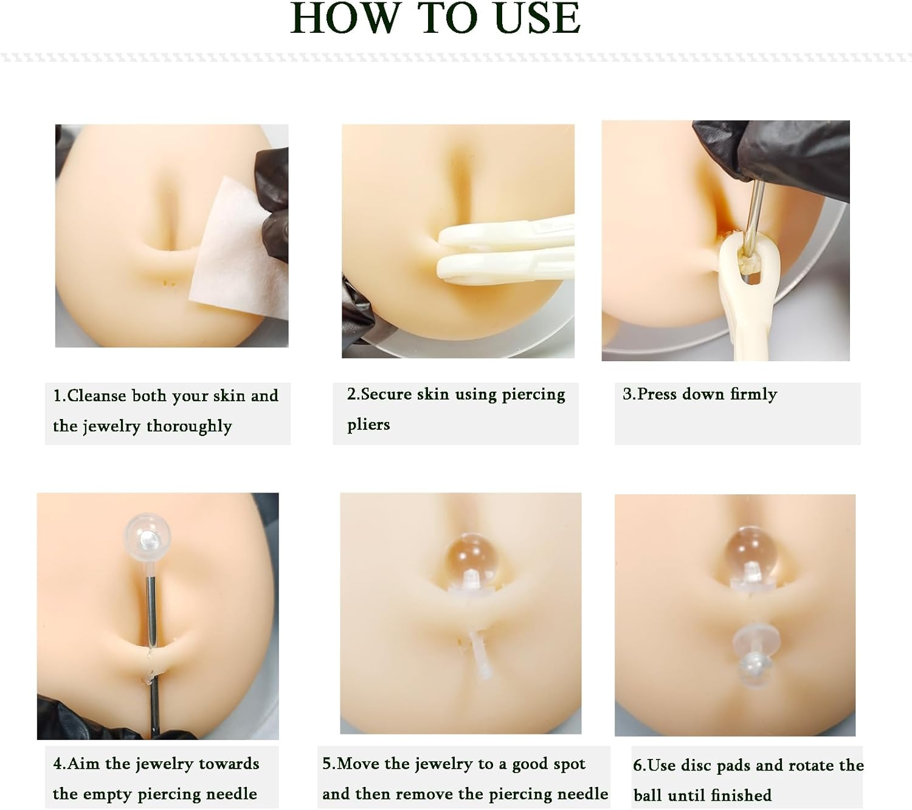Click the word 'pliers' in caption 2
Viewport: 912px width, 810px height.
[x=368, y=424]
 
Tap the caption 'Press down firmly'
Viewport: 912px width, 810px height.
[x=699, y=395]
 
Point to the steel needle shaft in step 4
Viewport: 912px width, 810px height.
[x=151, y=608]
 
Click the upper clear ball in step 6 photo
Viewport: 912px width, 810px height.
[x=751, y=552]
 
